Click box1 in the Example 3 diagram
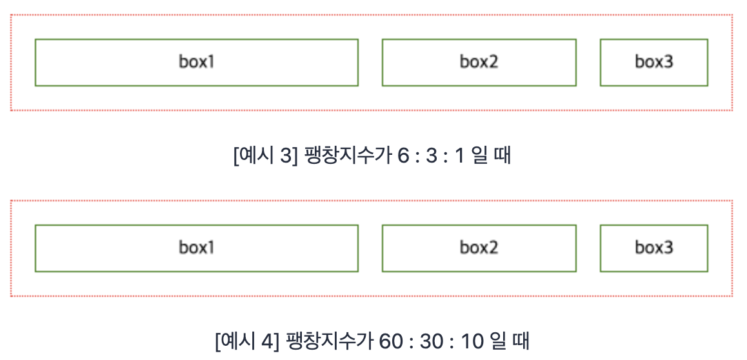pos(196,62)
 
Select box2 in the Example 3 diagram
pos(479,62)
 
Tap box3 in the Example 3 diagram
pos(653,62)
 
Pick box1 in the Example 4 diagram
pos(196,248)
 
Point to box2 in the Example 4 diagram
pos(479,248)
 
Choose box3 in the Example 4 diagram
pos(653,248)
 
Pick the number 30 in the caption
pos(430,341)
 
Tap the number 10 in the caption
pos(473,341)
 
